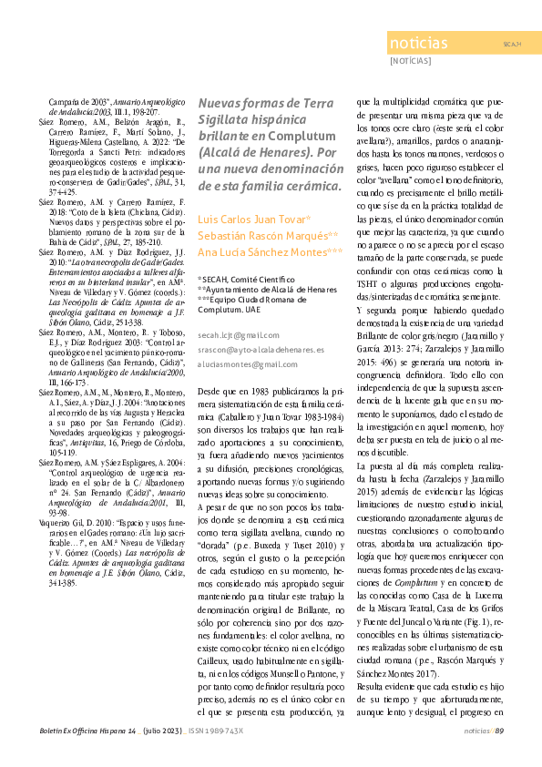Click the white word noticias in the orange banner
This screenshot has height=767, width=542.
418,45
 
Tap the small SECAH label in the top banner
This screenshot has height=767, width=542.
511,45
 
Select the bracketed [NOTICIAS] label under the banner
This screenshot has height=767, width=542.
411,63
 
